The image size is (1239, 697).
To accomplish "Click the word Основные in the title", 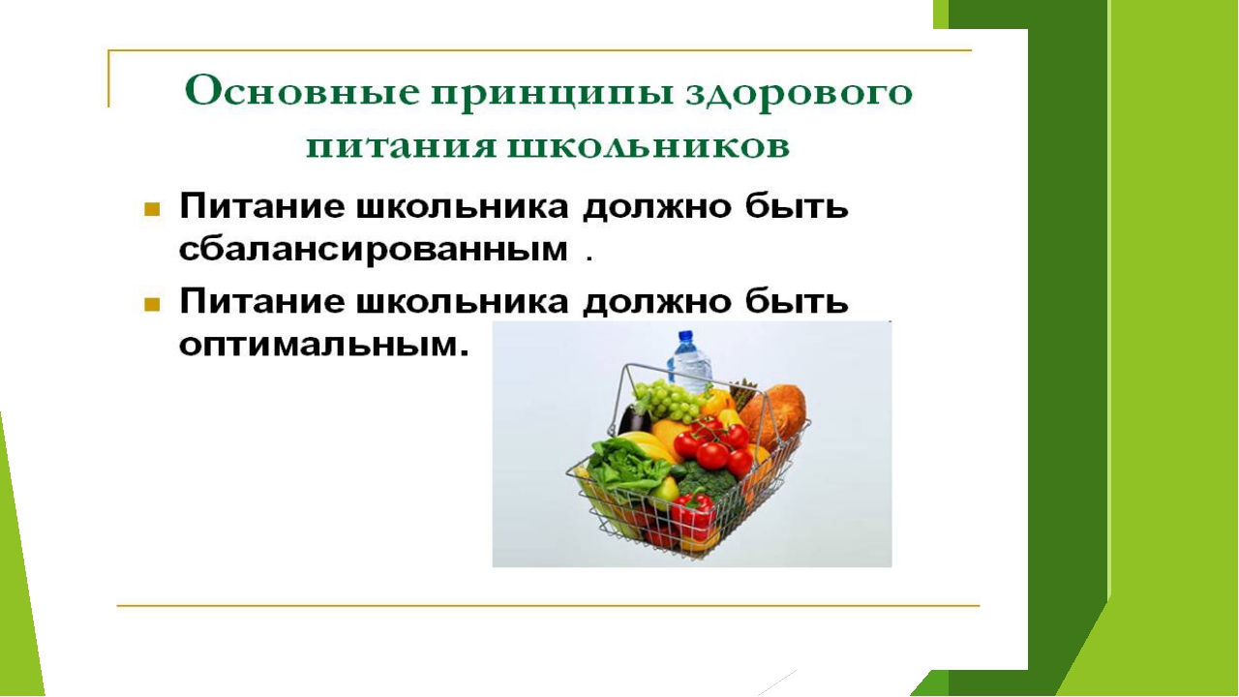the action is pyautogui.click(x=302, y=91).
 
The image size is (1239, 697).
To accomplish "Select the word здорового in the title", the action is pyautogui.click(x=799, y=94).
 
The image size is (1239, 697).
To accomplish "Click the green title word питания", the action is pyautogui.click(x=401, y=147).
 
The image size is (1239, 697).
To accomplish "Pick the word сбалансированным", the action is pyautogui.click(x=374, y=251).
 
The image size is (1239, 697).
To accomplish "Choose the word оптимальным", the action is pyautogui.click(x=323, y=346).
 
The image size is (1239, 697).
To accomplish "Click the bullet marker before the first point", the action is pyautogui.click(x=152, y=210).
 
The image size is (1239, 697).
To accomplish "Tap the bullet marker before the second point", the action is pyautogui.click(x=152, y=304).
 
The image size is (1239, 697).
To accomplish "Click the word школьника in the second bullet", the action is pyautogui.click(x=463, y=302).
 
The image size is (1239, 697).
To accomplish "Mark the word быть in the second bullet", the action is pyautogui.click(x=797, y=301).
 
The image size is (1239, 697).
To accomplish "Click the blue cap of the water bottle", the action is pyautogui.click(x=685, y=336).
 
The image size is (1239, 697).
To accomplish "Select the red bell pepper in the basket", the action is pyautogui.click(x=695, y=513).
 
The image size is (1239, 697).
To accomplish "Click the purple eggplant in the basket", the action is pyautogui.click(x=633, y=419).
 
